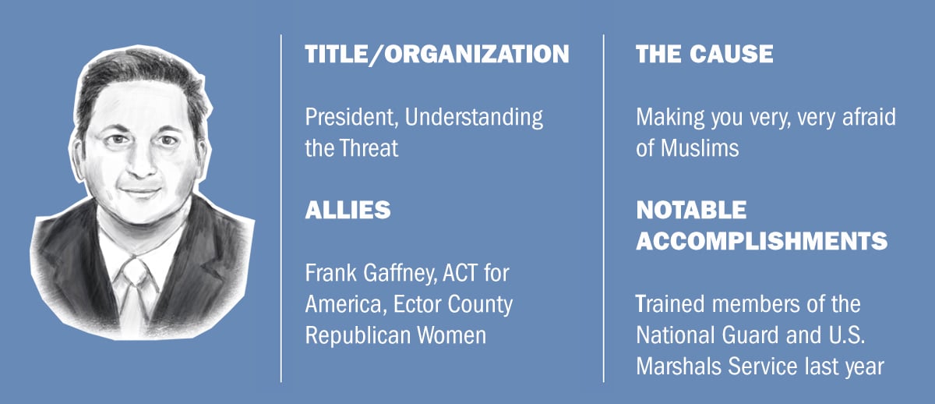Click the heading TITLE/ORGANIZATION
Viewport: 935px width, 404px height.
tap(437, 55)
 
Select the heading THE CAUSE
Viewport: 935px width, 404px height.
tap(704, 55)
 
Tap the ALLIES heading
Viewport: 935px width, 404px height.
tap(348, 210)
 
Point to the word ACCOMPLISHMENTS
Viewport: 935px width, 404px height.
tap(762, 241)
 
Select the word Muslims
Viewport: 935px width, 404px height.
tap(700, 148)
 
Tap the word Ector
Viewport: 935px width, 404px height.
tap(417, 305)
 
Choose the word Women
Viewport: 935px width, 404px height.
tap(452, 335)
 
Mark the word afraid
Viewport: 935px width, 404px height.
tap(869, 118)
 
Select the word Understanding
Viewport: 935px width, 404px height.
tap(474, 119)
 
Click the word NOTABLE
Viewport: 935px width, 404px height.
tap(691, 210)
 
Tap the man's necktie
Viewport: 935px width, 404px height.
tap(134, 292)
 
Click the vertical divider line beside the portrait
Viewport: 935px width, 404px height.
tap(281, 208)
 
